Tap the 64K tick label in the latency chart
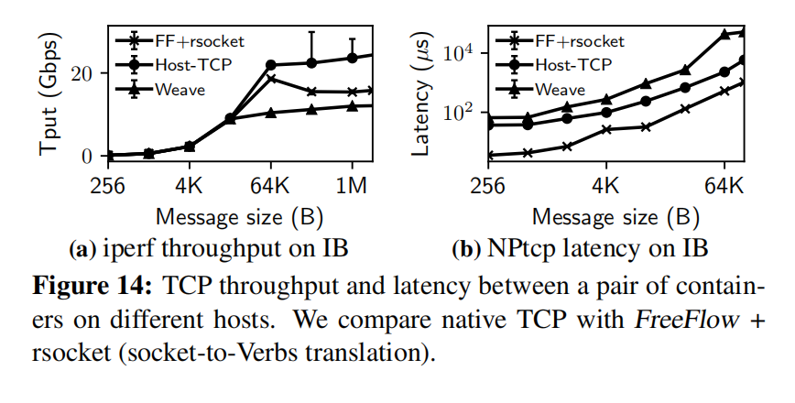pos(724,185)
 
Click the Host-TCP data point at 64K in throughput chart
pos(271,65)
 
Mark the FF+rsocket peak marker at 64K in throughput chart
pos(271,78)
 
